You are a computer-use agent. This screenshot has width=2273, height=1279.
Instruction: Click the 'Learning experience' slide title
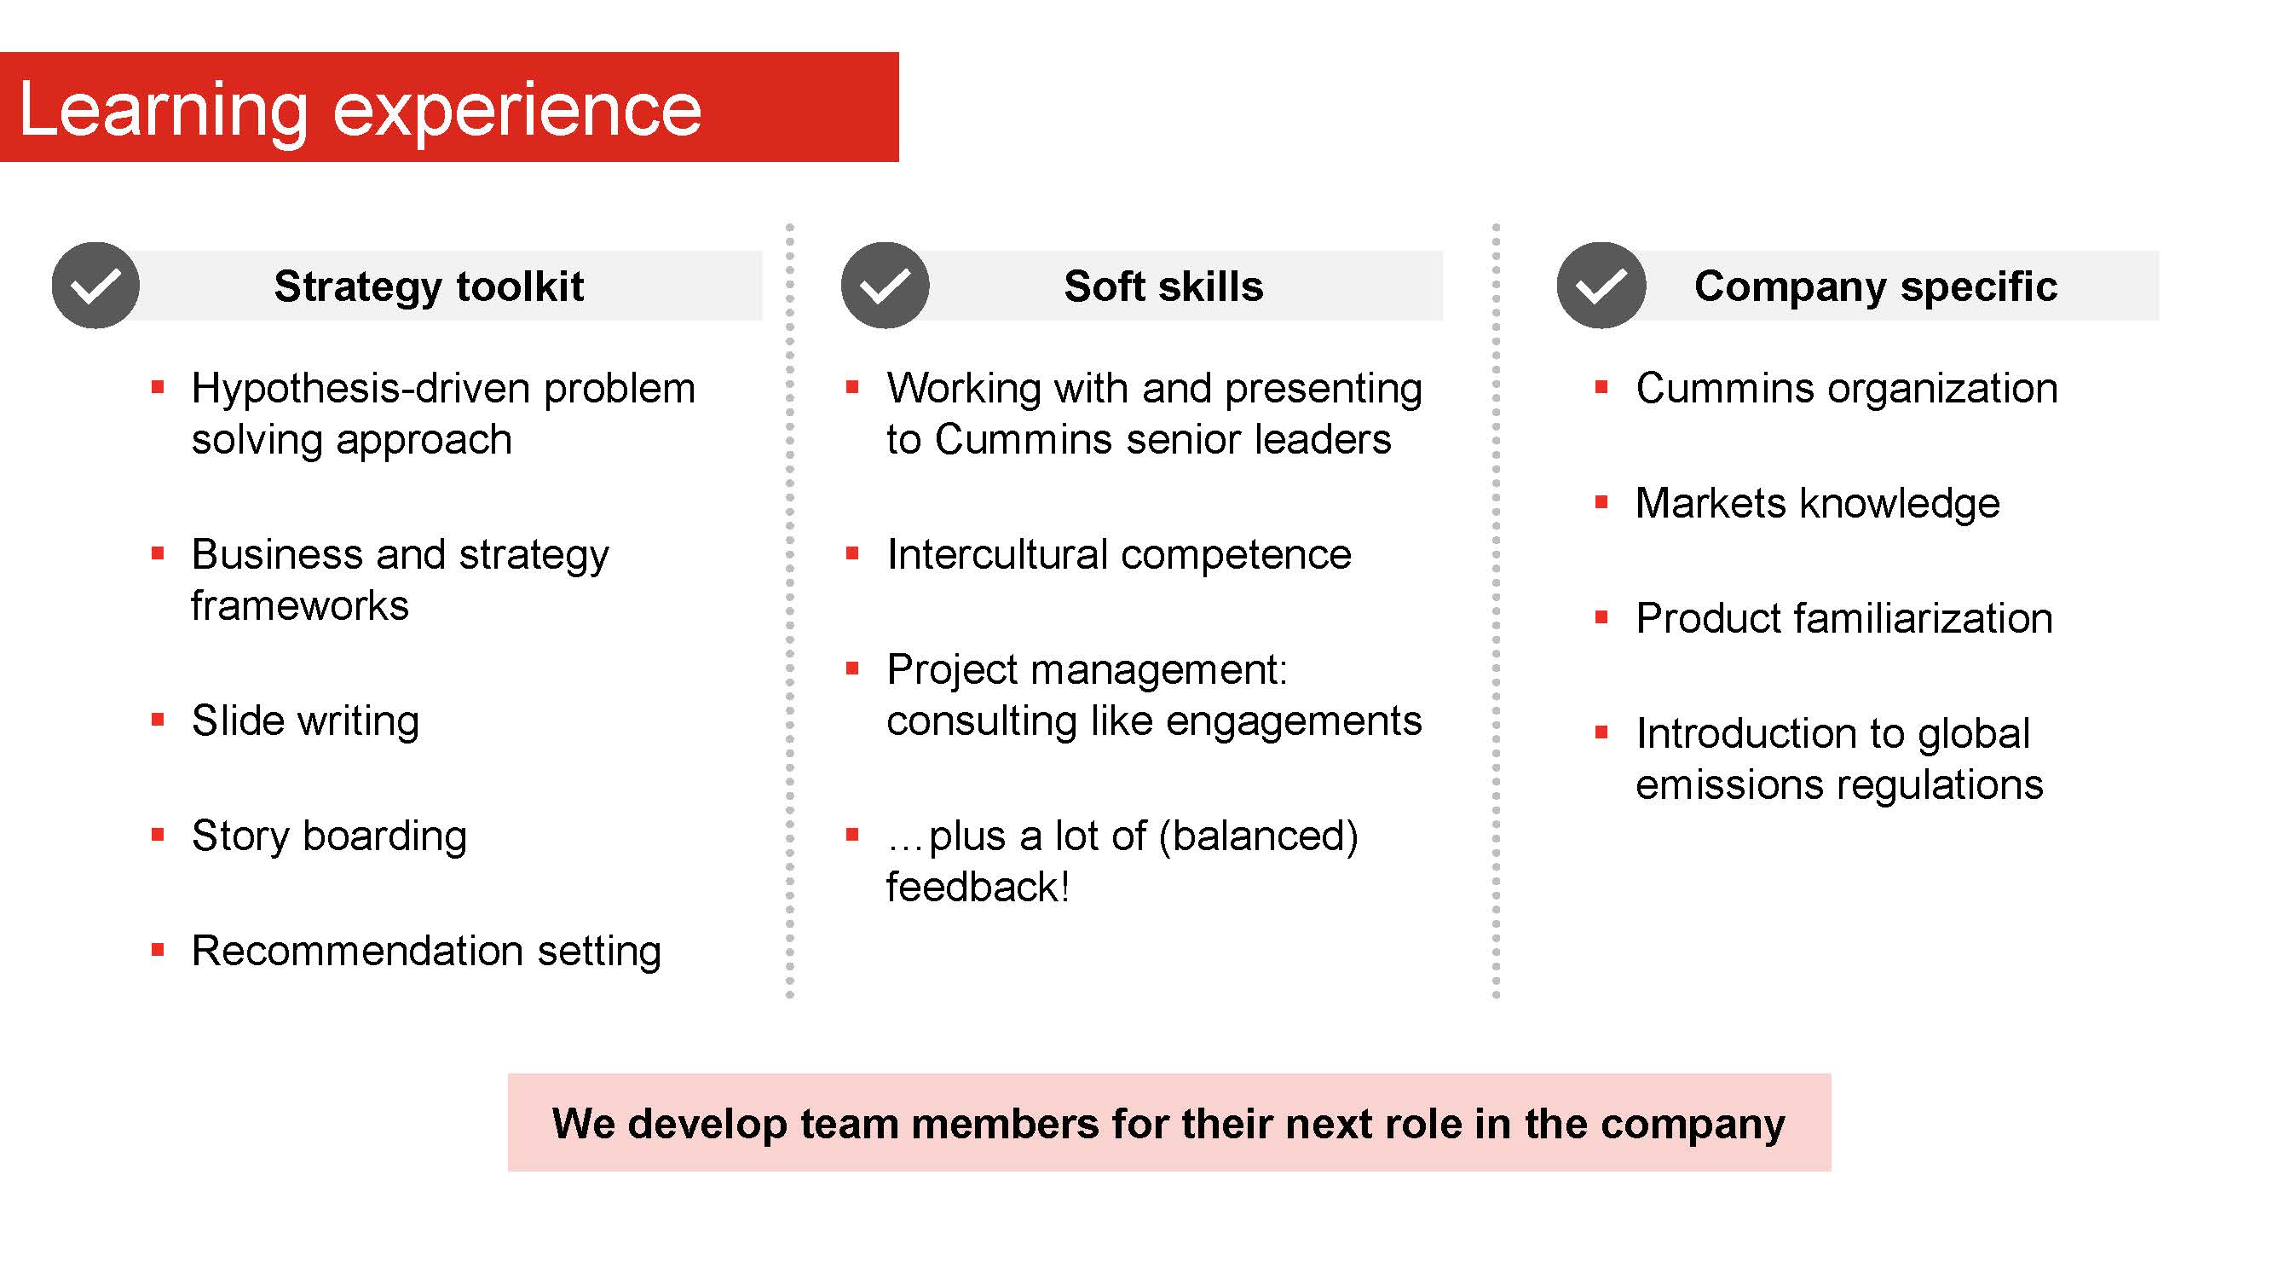coord(360,109)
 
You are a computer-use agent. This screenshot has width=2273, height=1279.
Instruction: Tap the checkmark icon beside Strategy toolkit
coord(95,285)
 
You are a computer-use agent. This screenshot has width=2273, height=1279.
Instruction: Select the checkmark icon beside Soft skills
coord(885,285)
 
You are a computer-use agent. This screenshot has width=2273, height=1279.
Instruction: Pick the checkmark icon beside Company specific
coord(1601,285)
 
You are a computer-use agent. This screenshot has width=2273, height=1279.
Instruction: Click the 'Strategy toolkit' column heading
coord(429,286)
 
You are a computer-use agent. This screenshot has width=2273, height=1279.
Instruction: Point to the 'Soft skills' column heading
coord(1164,286)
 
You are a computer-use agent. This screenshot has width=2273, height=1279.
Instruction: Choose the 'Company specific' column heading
coord(1876,286)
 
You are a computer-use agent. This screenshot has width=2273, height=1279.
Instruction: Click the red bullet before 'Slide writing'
coord(158,720)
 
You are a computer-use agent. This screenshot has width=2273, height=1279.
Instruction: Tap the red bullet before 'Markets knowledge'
coord(1601,502)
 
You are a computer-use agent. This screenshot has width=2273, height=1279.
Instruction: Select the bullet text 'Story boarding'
coord(329,836)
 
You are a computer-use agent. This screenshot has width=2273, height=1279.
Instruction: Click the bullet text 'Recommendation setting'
coord(426,952)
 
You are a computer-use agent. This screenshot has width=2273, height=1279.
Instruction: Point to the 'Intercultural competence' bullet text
coord(1119,554)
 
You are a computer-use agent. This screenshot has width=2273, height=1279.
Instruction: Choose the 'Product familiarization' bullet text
coord(1844,618)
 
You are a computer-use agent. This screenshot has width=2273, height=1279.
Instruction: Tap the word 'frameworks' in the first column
coord(300,605)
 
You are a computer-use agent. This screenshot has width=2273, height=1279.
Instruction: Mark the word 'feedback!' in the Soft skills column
coord(978,886)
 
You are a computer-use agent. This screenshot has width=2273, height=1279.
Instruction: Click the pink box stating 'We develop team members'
coord(1169,1123)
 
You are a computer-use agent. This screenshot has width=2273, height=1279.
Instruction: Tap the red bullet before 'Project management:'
coord(852,668)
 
